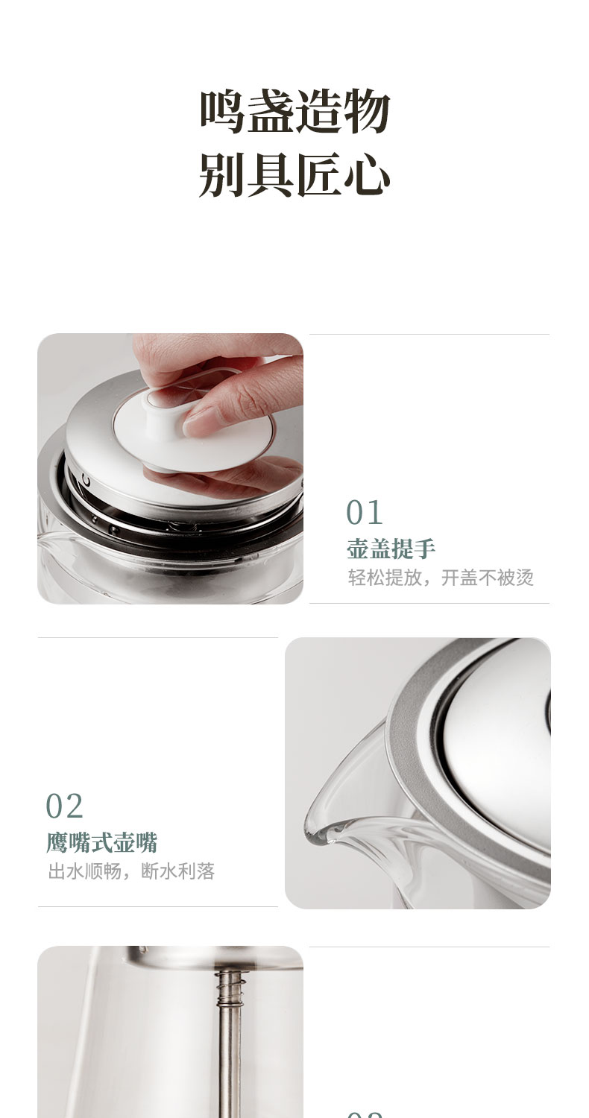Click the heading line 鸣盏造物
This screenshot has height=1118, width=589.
coord(294,112)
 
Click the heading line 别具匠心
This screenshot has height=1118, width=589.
coord(294,174)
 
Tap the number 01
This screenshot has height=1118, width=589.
coord(365,512)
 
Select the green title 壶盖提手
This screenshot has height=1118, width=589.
coord(391,549)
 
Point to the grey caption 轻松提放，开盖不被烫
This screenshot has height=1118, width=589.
coord(441,578)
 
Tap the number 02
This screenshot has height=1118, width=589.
coord(64,806)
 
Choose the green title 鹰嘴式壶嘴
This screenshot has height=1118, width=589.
coord(102,843)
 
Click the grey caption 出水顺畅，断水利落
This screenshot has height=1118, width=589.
coord(131,871)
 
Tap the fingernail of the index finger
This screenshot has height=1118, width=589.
coord(195,423)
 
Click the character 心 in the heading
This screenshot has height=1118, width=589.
coord(367,174)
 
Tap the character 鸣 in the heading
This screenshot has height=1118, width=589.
coord(222,112)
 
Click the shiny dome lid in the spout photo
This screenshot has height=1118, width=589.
coord(499,739)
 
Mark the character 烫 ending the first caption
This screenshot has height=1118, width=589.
coord(525,578)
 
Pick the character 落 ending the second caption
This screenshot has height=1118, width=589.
coord(206,871)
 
